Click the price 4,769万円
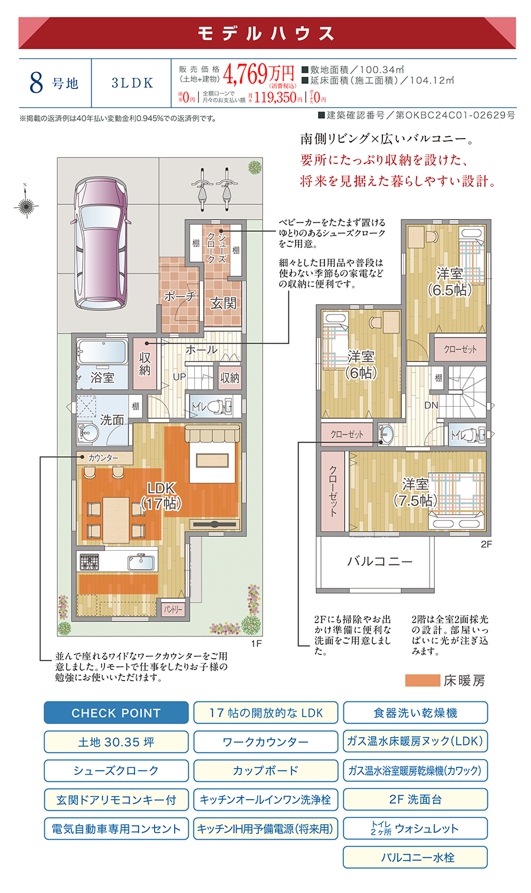pyautogui.click(x=258, y=74)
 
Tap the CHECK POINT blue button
pyautogui.click(x=116, y=713)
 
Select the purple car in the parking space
pyautogui.click(x=100, y=242)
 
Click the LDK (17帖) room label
pyautogui.click(x=162, y=496)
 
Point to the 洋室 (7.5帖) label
pyautogui.click(x=415, y=492)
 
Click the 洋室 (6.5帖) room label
pyautogui.click(x=450, y=282)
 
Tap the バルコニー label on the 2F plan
pyautogui.click(x=379, y=561)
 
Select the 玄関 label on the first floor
pyautogui.click(x=223, y=303)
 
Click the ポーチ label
pyautogui.click(x=179, y=296)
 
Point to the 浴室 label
pyautogui.click(x=102, y=377)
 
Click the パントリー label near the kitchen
pyautogui.click(x=173, y=609)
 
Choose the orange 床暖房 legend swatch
pyautogui.click(x=422, y=681)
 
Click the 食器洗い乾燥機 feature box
pyautogui.click(x=415, y=713)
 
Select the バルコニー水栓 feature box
pyautogui.click(x=415, y=858)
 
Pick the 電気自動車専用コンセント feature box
pyautogui.click(x=116, y=829)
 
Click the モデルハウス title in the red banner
pyautogui.click(x=267, y=34)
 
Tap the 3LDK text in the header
pyautogui.click(x=132, y=83)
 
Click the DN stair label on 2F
pyautogui.click(x=431, y=405)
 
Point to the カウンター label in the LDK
pyautogui.click(x=103, y=458)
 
